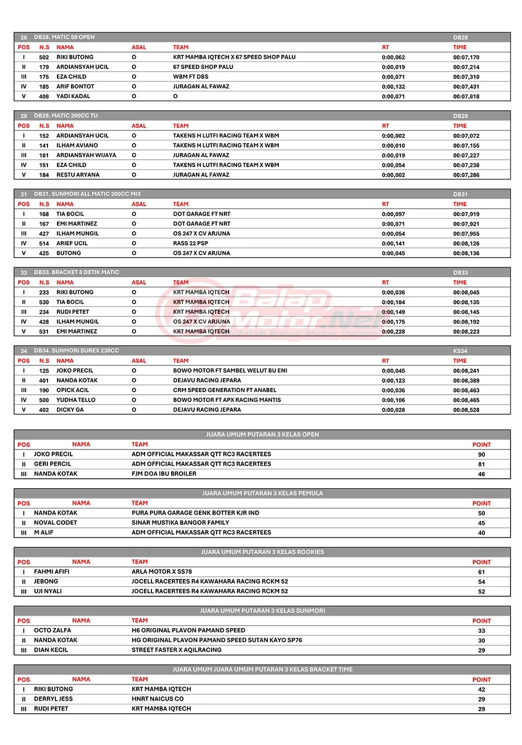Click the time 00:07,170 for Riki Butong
466,57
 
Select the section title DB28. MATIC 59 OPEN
64,37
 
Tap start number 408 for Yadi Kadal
44,97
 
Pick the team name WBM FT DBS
191,77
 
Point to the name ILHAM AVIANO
77,146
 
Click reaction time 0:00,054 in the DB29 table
393,165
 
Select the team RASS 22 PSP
191,243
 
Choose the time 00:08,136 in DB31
466,254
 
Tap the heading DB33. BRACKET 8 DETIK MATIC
76,273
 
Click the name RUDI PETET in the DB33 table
73,312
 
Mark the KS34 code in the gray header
460,351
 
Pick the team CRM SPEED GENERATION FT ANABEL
224,390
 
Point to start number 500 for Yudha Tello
44,400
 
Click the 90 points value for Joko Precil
481,455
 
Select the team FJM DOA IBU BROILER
164,474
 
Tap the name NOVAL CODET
55,523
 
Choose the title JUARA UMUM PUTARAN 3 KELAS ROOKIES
262,552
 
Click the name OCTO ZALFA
52,631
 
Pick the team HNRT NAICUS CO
158,699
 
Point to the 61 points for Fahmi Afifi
481,572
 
